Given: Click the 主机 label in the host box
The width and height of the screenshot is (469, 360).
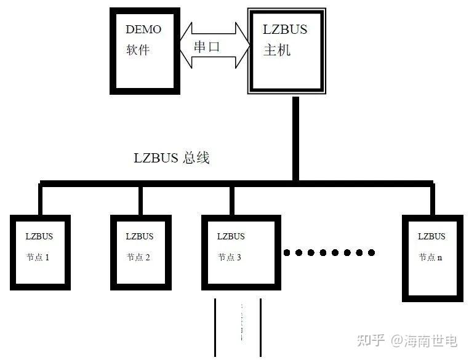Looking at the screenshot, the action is point(277,50).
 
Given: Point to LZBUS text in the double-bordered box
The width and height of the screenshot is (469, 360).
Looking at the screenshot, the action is point(285,30).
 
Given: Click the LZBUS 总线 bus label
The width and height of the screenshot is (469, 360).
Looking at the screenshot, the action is point(172,158).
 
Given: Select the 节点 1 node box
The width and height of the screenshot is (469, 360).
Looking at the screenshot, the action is point(39,252).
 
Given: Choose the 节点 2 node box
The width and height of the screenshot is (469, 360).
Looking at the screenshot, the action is point(140,252).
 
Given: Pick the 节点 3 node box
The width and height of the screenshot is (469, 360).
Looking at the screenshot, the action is point(242,252).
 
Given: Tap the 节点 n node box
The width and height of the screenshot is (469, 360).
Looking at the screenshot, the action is point(432,257).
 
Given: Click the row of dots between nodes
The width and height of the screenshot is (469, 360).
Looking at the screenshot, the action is point(329,252).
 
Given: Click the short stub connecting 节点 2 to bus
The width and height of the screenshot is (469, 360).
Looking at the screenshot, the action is point(140,199).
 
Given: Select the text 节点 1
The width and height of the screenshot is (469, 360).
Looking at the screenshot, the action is point(38,257).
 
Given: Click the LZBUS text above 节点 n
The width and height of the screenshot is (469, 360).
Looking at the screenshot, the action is point(431,236).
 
